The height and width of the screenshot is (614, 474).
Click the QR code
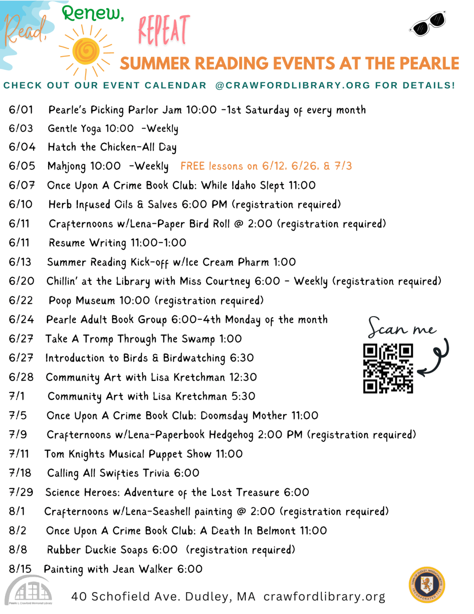388,368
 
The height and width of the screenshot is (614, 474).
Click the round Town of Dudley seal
427,585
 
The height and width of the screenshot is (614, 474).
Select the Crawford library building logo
29,591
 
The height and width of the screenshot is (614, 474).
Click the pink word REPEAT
164,30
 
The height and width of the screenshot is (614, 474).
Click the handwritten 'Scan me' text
402,328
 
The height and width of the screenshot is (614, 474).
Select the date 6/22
21,300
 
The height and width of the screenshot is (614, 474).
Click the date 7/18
20,473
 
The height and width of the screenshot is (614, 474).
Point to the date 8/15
20,569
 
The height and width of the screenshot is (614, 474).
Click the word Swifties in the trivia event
119,473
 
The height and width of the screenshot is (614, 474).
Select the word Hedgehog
231,435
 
